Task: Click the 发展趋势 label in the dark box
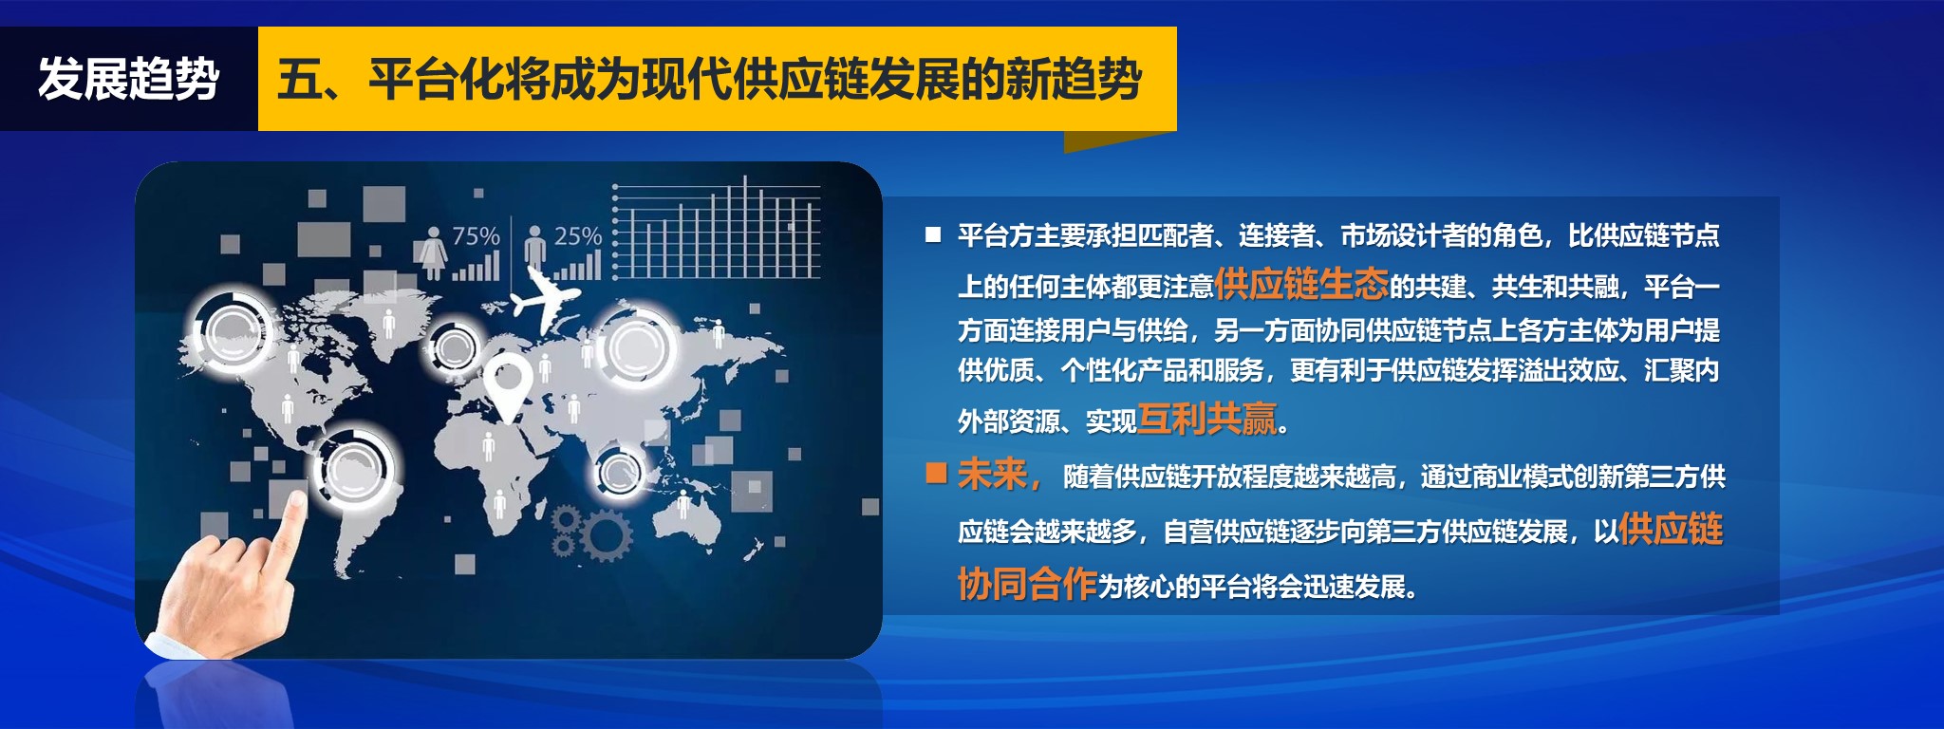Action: (129, 79)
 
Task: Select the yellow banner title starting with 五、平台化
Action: (709, 79)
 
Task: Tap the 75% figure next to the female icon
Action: (476, 235)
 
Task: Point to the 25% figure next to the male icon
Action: (578, 235)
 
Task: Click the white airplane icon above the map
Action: (544, 294)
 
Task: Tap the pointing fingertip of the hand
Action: (295, 500)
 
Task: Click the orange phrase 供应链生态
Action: (1301, 283)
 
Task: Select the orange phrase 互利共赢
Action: (1206, 419)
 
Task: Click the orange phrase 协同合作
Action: (1027, 584)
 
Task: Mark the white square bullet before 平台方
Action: (934, 234)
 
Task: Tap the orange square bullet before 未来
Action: (936, 473)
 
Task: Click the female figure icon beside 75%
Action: (434, 251)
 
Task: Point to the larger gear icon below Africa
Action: (606, 535)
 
